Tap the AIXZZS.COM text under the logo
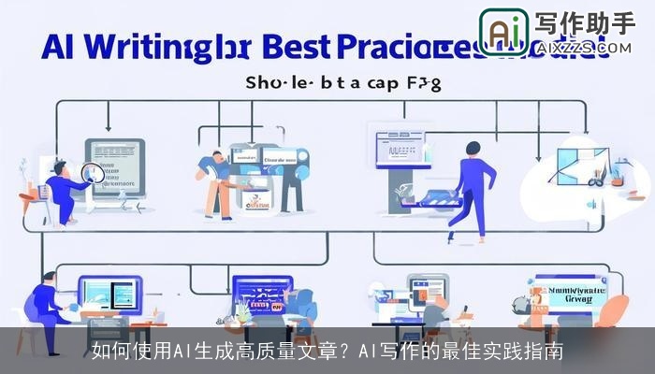(587, 45)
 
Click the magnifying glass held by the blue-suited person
(92, 171)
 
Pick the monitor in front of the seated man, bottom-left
(109, 294)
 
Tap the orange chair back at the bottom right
(542, 308)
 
